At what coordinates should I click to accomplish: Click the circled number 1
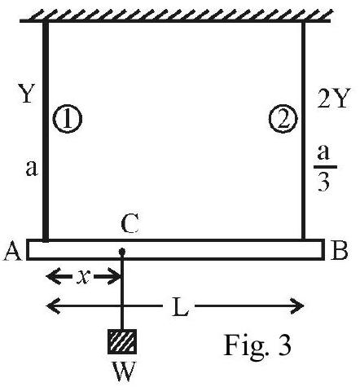point(67,119)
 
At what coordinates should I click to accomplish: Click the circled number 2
point(283,119)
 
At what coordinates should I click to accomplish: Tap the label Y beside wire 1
point(27,93)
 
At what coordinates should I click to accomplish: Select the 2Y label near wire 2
point(332,98)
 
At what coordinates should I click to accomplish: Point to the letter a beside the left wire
point(32,168)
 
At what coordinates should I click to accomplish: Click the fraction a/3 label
point(324,168)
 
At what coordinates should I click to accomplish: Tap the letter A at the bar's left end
point(12,252)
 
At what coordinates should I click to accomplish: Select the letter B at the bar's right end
point(340,250)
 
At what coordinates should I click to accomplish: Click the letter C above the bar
point(130,223)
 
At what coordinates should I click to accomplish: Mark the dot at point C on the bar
point(122,250)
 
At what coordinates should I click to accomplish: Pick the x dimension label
point(82,277)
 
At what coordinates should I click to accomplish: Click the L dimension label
point(180,306)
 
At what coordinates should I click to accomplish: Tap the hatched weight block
point(122,341)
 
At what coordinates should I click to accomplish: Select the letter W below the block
point(124,371)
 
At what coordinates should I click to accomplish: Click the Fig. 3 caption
point(257,345)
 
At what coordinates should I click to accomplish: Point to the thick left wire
point(46,131)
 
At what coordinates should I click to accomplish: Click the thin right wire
point(303,131)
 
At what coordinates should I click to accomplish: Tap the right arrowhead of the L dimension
point(297,306)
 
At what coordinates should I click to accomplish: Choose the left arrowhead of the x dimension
point(53,277)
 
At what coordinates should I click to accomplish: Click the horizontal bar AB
point(175,250)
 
